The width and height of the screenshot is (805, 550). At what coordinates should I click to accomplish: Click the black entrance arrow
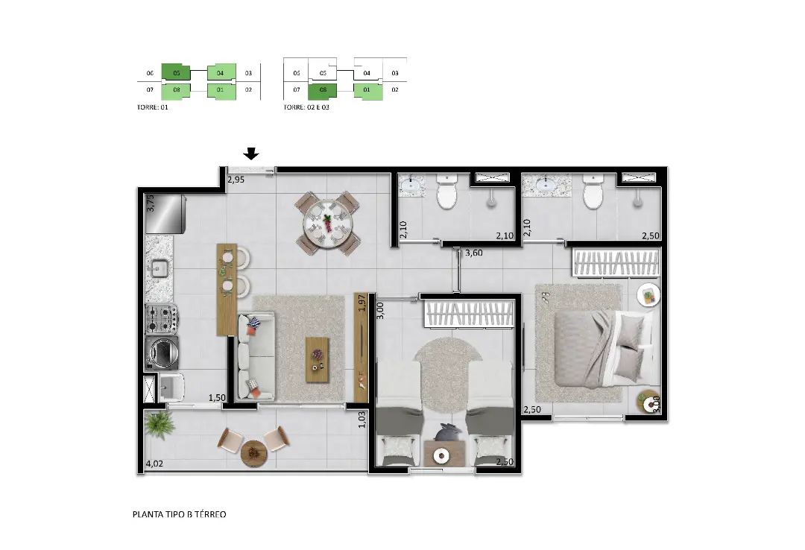tap(251, 154)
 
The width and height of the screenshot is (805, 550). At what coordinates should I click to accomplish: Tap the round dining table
tap(327, 224)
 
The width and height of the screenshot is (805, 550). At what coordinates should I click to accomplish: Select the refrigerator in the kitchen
tap(165, 214)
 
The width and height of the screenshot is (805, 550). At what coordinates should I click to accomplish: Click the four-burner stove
tap(162, 319)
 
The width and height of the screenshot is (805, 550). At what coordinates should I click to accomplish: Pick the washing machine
tap(162, 353)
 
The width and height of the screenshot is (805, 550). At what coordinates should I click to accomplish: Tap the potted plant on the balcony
tap(160, 426)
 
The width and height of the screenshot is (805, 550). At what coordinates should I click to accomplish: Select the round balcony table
tap(254, 454)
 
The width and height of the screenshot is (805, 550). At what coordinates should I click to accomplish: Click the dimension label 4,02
tap(154, 464)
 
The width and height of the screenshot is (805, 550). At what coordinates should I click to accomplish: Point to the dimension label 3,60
tap(473, 253)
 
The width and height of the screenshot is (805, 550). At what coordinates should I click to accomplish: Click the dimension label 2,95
tap(236, 180)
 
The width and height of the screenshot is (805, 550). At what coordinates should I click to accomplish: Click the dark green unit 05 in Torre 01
tap(176, 72)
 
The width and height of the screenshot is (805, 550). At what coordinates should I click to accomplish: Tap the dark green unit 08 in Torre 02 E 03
tap(323, 90)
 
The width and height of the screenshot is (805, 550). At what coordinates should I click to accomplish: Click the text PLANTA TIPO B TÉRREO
tap(179, 514)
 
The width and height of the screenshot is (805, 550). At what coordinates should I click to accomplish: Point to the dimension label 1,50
tap(217, 397)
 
